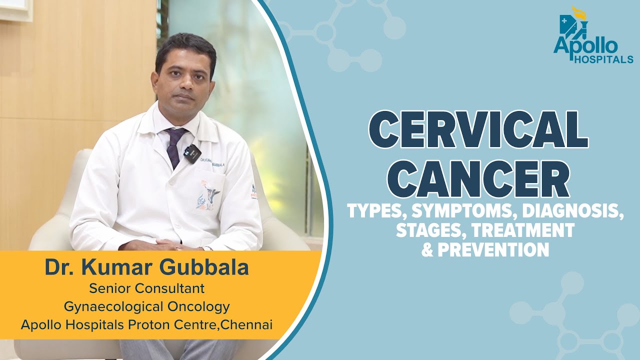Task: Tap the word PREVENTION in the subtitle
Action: pos(493,248)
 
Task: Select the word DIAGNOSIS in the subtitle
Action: pos(573,212)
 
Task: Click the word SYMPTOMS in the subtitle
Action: pos(463,212)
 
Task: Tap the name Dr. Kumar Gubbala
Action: pos(146,268)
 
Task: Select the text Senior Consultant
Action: pos(146,288)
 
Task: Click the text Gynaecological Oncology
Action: pos(146,306)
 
